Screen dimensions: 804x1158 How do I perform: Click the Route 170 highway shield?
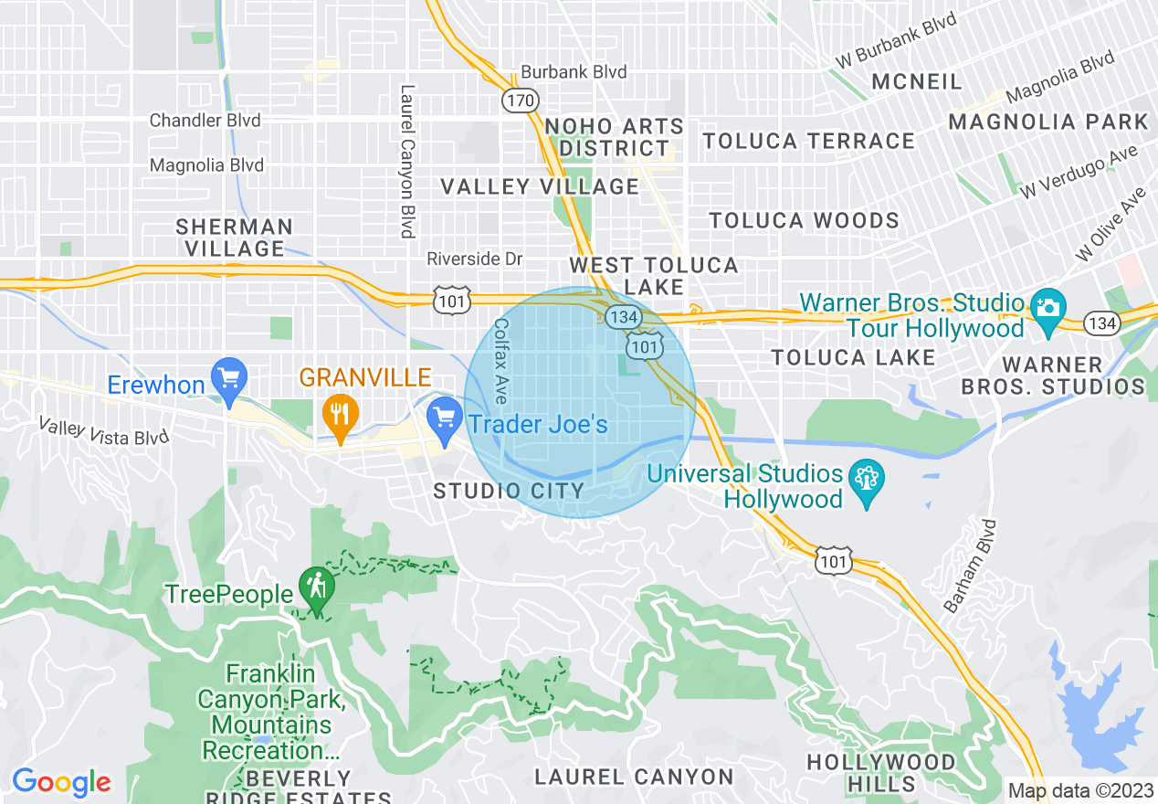(x=521, y=100)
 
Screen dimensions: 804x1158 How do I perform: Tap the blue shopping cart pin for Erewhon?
(x=228, y=378)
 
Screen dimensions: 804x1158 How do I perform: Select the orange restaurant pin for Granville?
(x=340, y=416)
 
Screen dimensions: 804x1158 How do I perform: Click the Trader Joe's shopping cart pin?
(x=445, y=420)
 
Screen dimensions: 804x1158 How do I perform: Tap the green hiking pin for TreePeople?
(x=317, y=588)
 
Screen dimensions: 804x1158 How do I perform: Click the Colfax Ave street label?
(x=500, y=361)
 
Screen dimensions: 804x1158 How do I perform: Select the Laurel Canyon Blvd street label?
(x=406, y=162)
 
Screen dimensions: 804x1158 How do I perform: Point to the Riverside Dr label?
(x=475, y=259)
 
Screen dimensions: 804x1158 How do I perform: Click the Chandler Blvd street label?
(x=205, y=121)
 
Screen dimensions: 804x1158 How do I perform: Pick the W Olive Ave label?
(x=1111, y=224)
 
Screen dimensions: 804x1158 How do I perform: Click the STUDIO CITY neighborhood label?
(x=509, y=491)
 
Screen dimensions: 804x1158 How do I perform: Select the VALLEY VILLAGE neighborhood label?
(x=540, y=187)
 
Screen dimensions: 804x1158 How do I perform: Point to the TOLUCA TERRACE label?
(x=808, y=141)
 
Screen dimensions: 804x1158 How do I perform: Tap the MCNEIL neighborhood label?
(x=916, y=81)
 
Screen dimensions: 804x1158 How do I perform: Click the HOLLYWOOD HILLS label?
(x=880, y=772)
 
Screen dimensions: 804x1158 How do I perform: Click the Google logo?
(x=61, y=782)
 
